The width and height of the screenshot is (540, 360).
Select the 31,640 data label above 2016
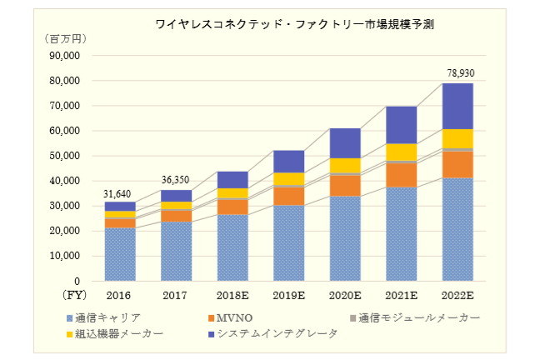point(119,193)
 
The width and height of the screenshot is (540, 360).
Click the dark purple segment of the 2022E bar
point(457,106)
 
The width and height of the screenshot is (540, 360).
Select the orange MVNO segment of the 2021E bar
point(401,174)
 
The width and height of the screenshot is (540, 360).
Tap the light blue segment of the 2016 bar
point(119,253)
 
